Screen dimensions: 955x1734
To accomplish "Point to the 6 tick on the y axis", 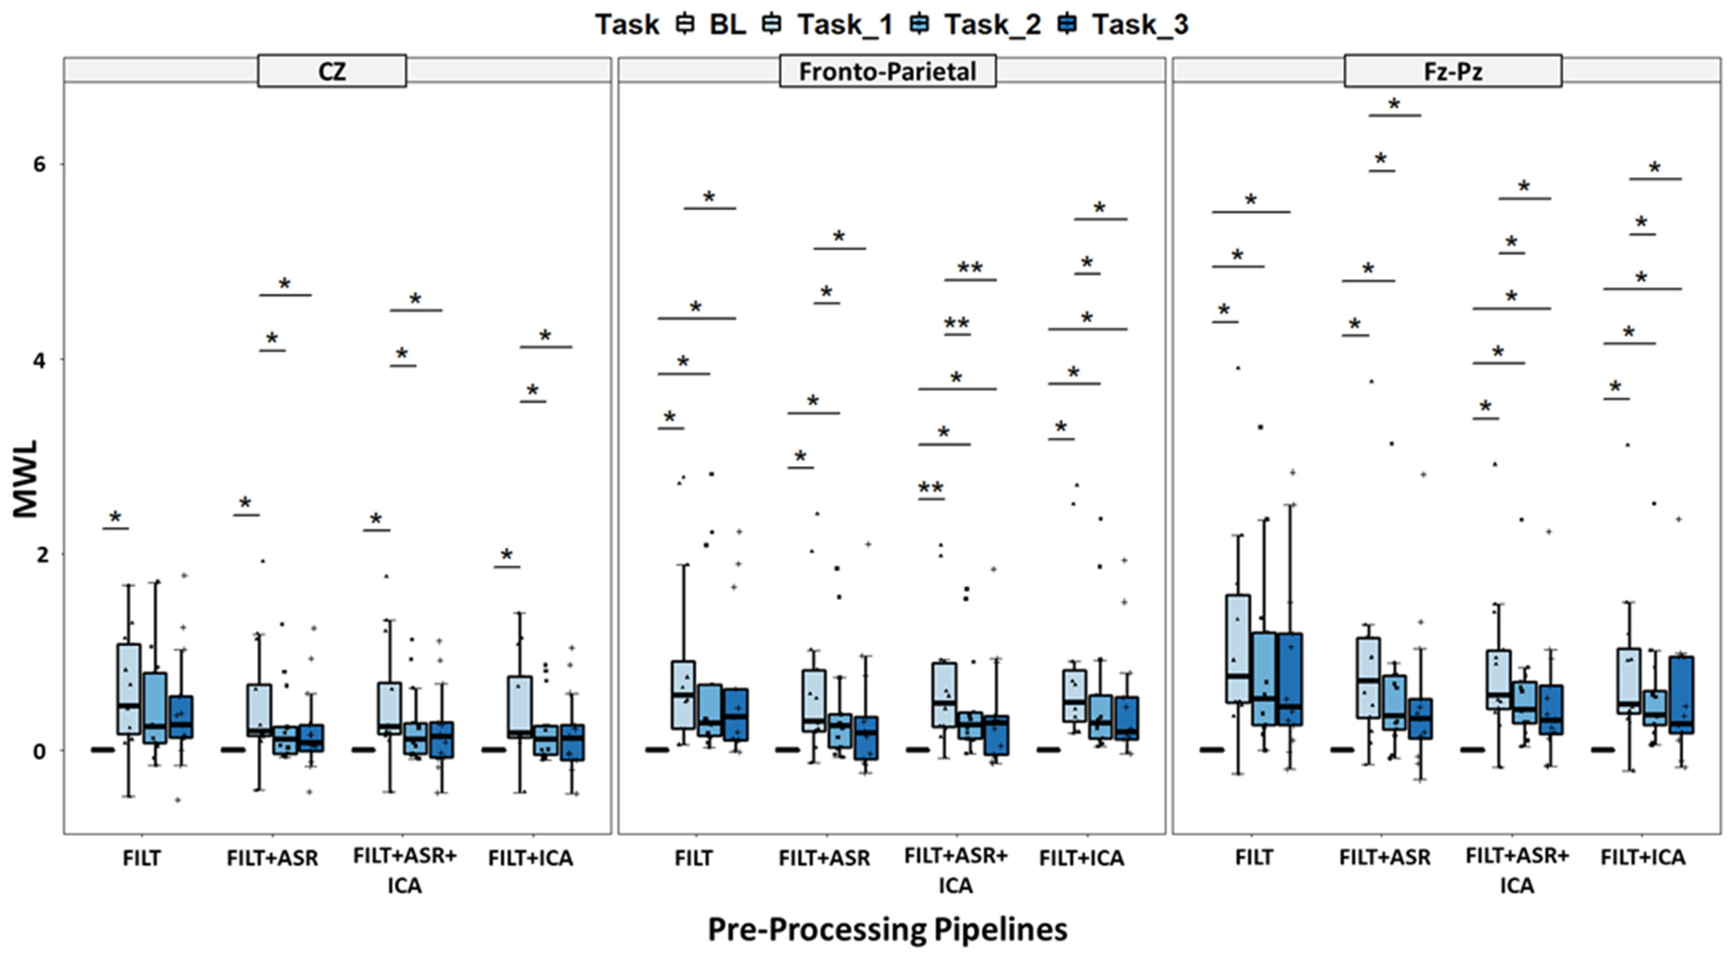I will [40, 164].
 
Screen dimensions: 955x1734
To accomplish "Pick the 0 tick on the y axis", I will [40, 750].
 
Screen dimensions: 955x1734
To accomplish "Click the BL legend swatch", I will [685, 25].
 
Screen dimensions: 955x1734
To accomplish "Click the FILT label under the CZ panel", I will [142, 858].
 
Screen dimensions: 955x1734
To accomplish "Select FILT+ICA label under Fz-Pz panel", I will [1642, 858].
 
